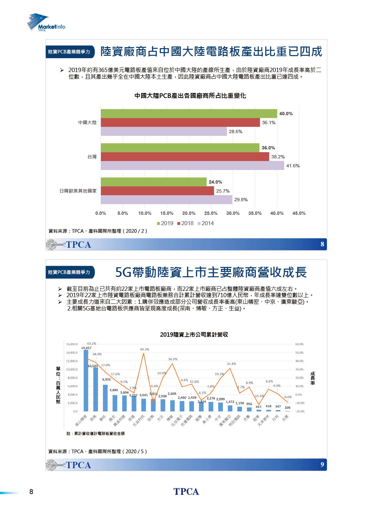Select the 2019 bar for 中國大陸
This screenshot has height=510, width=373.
(189, 114)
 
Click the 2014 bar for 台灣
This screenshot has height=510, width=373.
(192, 165)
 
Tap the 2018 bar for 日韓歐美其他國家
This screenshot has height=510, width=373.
(157, 191)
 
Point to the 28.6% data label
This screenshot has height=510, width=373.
(235, 131)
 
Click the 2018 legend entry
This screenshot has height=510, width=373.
(185, 223)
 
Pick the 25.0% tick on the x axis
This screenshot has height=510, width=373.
(211, 213)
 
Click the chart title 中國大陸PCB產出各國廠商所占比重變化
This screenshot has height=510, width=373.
(190, 96)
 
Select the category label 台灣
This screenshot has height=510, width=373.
(92, 157)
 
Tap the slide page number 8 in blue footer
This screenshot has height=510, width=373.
(322, 244)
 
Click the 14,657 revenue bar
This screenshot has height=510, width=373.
(86, 380)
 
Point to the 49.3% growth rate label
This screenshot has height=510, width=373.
(144, 349)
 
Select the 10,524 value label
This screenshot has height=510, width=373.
(93, 366)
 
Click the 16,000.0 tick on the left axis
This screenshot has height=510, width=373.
(72, 344)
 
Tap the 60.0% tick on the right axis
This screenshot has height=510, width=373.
(299, 344)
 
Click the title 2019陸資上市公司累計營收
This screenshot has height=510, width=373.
(194, 334)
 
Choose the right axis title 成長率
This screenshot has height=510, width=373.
(313, 378)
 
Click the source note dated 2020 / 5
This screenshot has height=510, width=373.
(97, 452)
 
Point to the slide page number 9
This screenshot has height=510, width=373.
(322, 465)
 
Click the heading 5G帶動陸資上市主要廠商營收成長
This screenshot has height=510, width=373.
(211, 272)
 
